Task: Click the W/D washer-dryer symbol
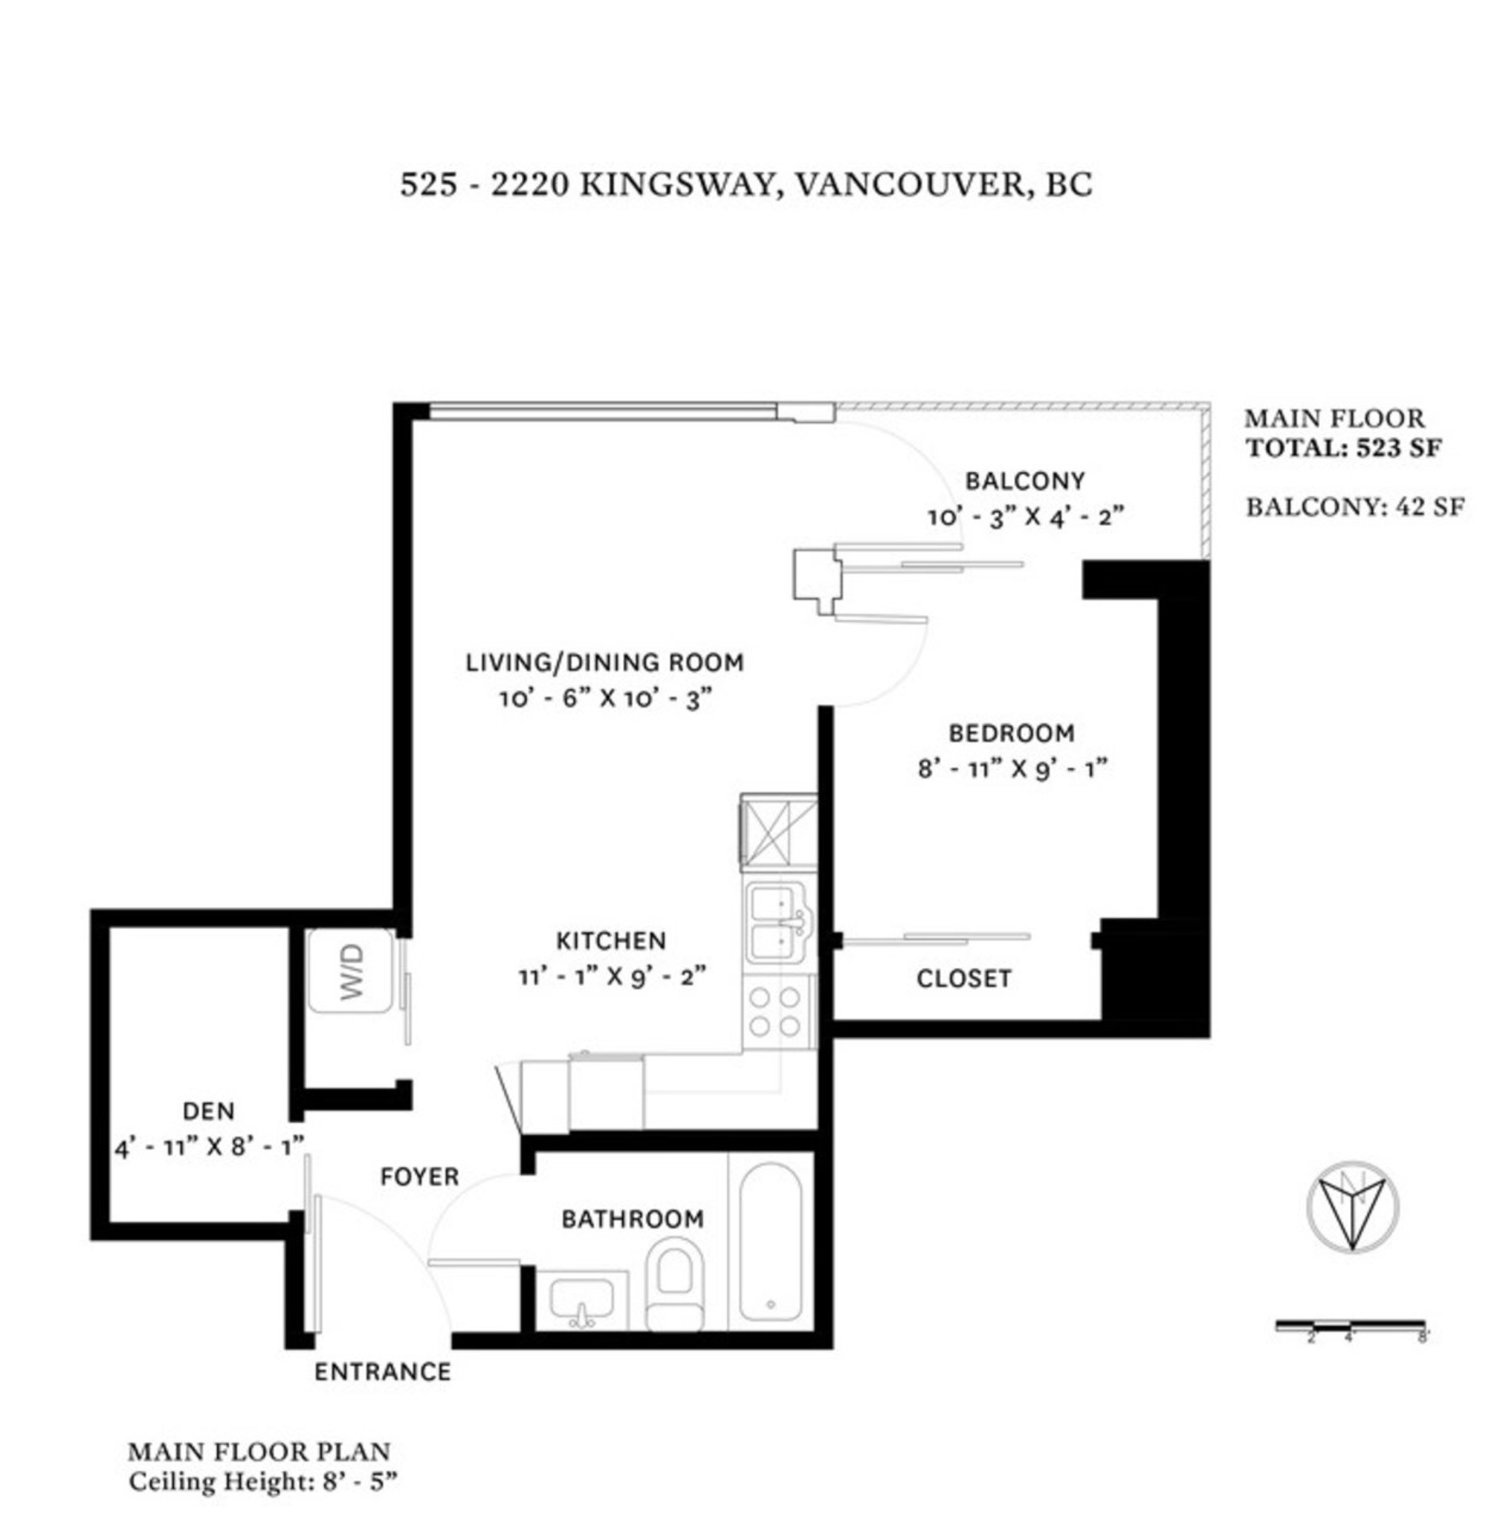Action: pyautogui.click(x=350, y=970)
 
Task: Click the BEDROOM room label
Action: pyautogui.click(x=1012, y=733)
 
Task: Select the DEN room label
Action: pyautogui.click(x=208, y=1110)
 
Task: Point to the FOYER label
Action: pyautogui.click(x=420, y=1176)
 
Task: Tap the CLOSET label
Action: pyautogui.click(x=964, y=978)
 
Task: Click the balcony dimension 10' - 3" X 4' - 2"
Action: pyautogui.click(x=1026, y=517)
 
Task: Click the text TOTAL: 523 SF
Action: pyautogui.click(x=1344, y=448)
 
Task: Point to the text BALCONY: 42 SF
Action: pyautogui.click(x=1355, y=507)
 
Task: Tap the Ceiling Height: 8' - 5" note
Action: pyautogui.click(x=262, y=1482)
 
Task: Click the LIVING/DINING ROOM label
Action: pyautogui.click(x=605, y=662)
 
